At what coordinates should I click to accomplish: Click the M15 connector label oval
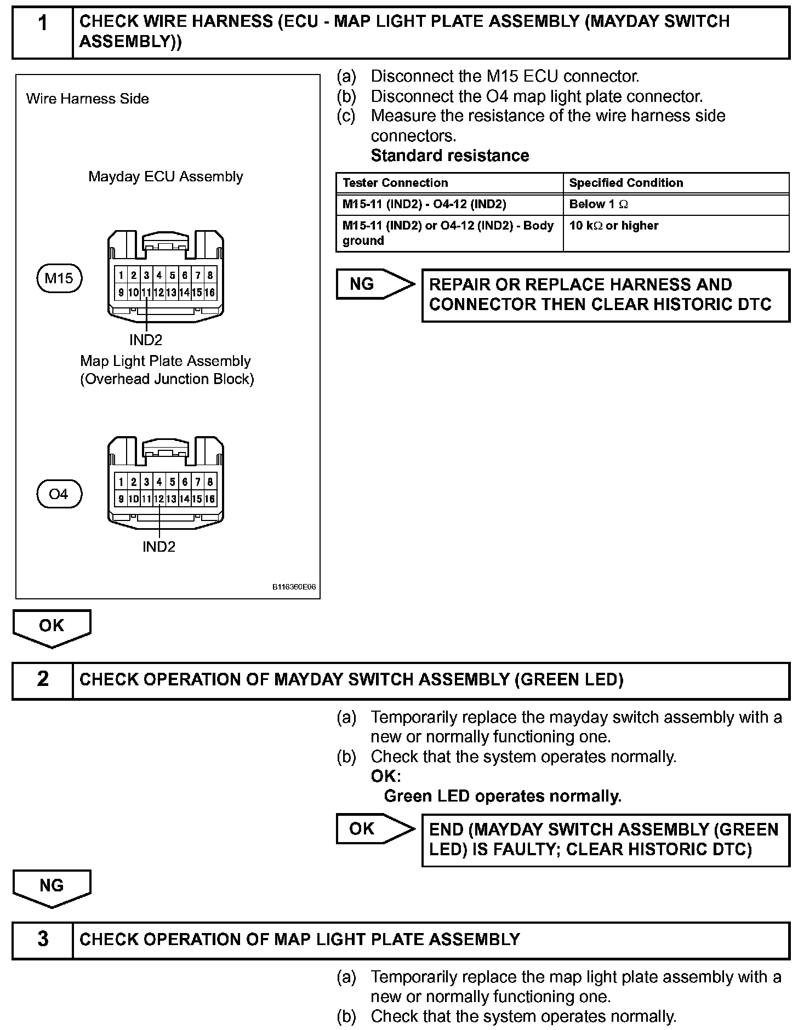pyautogui.click(x=59, y=278)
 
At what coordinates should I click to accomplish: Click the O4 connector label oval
pyautogui.click(x=59, y=494)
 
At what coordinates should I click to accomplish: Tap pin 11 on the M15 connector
pyautogui.click(x=146, y=293)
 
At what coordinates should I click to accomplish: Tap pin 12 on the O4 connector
pyautogui.click(x=159, y=499)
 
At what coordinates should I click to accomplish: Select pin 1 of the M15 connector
pyautogui.click(x=121, y=275)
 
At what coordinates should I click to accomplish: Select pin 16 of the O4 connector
pyautogui.click(x=210, y=499)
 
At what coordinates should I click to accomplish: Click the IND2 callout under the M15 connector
pyautogui.click(x=146, y=340)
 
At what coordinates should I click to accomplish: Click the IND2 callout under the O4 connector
pyautogui.click(x=159, y=547)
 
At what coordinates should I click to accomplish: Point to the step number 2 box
pyautogui.click(x=43, y=680)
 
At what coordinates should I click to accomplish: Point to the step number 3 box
pyautogui.click(x=43, y=939)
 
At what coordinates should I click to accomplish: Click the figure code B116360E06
pyautogui.click(x=294, y=587)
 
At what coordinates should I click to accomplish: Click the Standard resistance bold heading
pyautogui.click(x=450, y=156)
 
